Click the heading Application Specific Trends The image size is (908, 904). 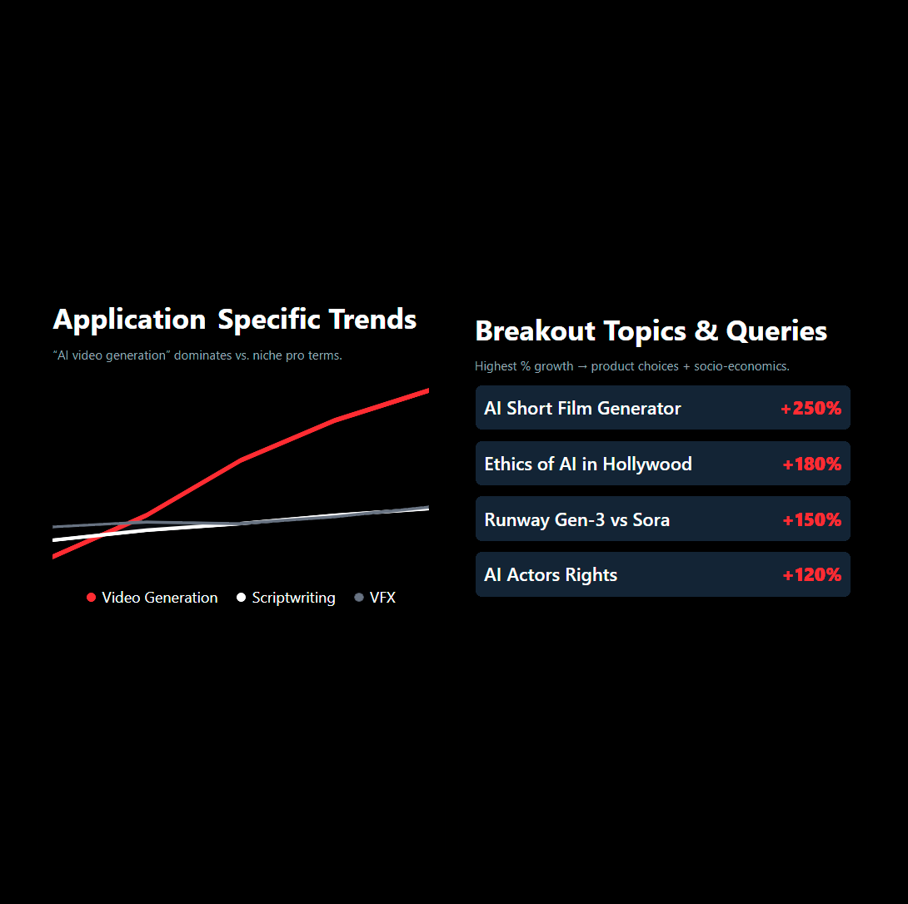tap(234, 320)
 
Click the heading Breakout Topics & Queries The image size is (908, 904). tap(651, 331)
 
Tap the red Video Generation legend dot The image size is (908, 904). tap(92, 598)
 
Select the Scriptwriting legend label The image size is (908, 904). tap(293, 598)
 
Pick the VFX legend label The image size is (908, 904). tap(382, 598)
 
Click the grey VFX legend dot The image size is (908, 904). tap(359, 598)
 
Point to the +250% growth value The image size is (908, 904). tap(811, 409)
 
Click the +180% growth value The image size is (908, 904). tap(811, 464)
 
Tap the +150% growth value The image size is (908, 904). tap(811, 520)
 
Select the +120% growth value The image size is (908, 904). tap(811, 575)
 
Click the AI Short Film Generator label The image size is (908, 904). tap(582, 409)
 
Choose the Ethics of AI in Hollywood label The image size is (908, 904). tap(587, 464)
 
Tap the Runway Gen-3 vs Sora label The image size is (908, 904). tap(576, 520)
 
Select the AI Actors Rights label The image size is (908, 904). tap(551, 575)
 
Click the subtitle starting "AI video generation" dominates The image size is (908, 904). tap(197, 355)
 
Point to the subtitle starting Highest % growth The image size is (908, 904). tap(631, 366)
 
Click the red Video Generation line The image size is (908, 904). tap(242, 459)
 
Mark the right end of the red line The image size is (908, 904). tap(427, 390)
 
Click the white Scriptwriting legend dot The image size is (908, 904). tap(242, 598)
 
